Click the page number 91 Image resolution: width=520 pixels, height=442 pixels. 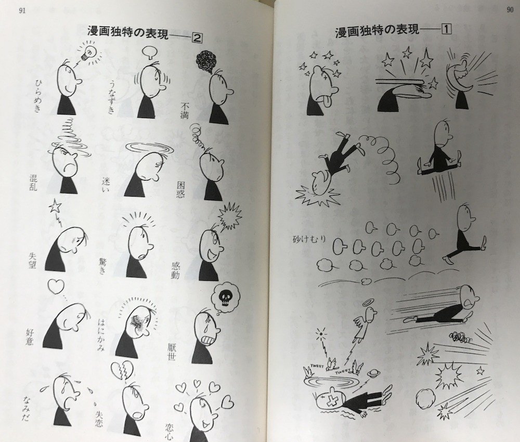[x=22, y=10]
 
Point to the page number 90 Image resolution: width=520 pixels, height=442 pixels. [x=510, y=9]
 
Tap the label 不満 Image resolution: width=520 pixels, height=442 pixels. [x=184, y=111]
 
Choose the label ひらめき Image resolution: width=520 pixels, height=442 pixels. [x=38, y=95]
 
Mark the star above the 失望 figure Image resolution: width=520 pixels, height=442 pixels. [x=55, y=207]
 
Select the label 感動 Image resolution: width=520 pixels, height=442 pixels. [x=175, y=270]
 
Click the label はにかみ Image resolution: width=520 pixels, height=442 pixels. [x=101, y=335]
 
